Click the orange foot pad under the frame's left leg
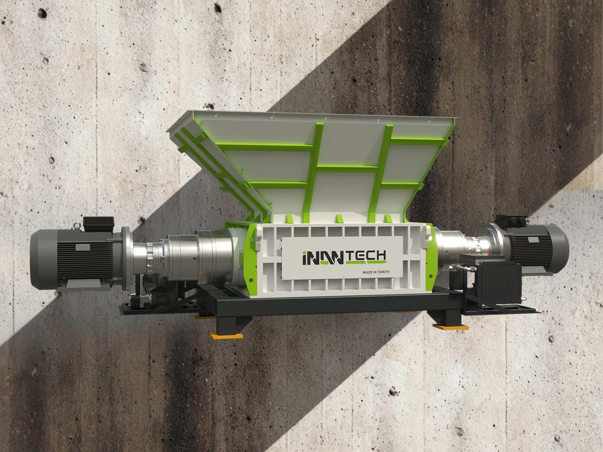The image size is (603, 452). point(226,336)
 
